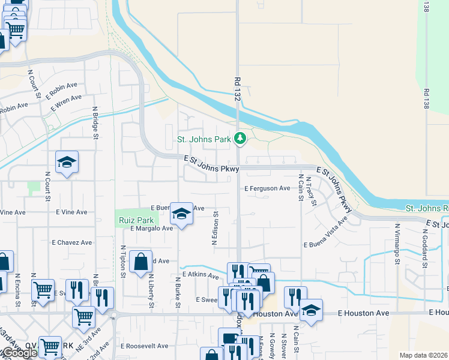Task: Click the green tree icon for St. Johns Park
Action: (x=240, y=139)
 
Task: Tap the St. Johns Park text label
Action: (x=203, y=140)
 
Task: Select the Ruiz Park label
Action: (x=133, y=219)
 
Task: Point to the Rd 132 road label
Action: (x=237, y=89)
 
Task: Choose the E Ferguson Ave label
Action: (x=268, y=188)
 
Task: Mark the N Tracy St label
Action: (x=311, y=191)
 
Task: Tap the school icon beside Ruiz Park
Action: (x=181, y=214)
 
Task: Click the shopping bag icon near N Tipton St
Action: (x=140, y=262)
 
